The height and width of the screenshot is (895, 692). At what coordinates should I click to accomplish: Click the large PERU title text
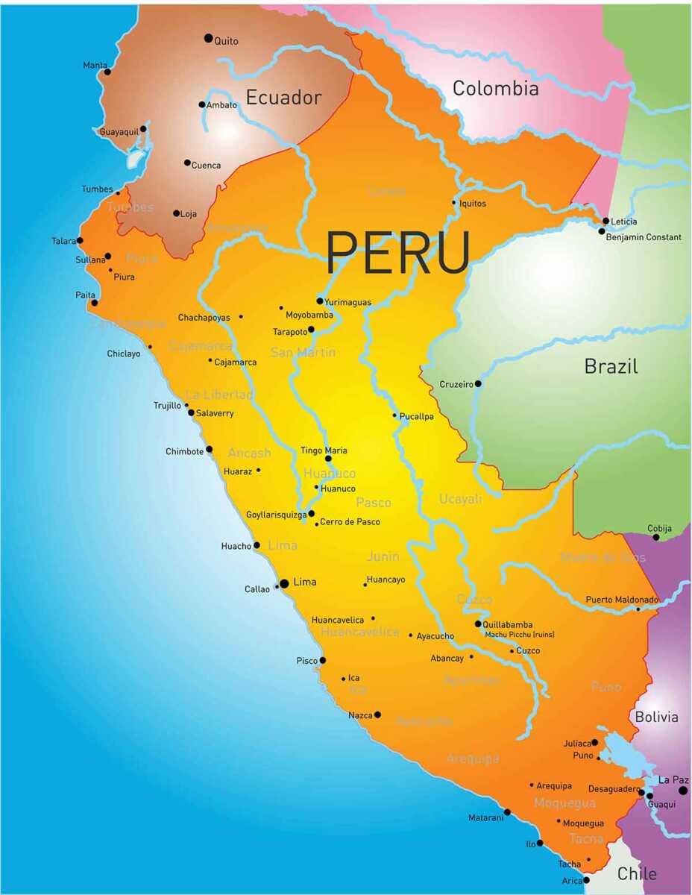coord(397,252)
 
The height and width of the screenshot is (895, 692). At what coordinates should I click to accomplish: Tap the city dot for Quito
coord(208,38)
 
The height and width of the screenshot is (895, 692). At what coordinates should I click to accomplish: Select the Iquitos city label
coord(473,204)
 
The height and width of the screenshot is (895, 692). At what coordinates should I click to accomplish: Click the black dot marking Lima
coord(284,583)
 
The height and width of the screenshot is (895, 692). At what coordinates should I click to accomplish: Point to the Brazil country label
coord(611,366)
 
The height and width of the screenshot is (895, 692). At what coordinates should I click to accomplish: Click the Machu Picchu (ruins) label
coord(519,635)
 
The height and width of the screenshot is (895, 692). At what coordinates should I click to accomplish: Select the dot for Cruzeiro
coord(478,384)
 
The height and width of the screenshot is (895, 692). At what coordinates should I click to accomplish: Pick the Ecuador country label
coord(283,98)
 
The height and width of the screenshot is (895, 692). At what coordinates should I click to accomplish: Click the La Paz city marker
coord(682,791)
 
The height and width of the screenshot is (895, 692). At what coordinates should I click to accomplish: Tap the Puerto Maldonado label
coord(622,600)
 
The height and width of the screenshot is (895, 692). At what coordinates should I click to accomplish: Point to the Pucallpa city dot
coord(395,415)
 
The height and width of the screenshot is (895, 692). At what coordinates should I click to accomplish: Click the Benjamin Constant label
coord(644,237)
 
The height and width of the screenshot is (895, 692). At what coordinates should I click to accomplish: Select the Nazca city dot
coord(377,715)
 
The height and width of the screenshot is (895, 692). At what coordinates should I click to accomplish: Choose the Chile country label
coord(638,873)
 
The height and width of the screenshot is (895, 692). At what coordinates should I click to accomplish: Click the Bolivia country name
coord(656,717)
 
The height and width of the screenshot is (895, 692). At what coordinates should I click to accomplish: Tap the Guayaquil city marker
coord(143,129)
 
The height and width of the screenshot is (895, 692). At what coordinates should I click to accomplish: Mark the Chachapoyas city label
coord(204,318)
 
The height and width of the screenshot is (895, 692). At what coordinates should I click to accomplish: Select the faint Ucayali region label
coord(460,499)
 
